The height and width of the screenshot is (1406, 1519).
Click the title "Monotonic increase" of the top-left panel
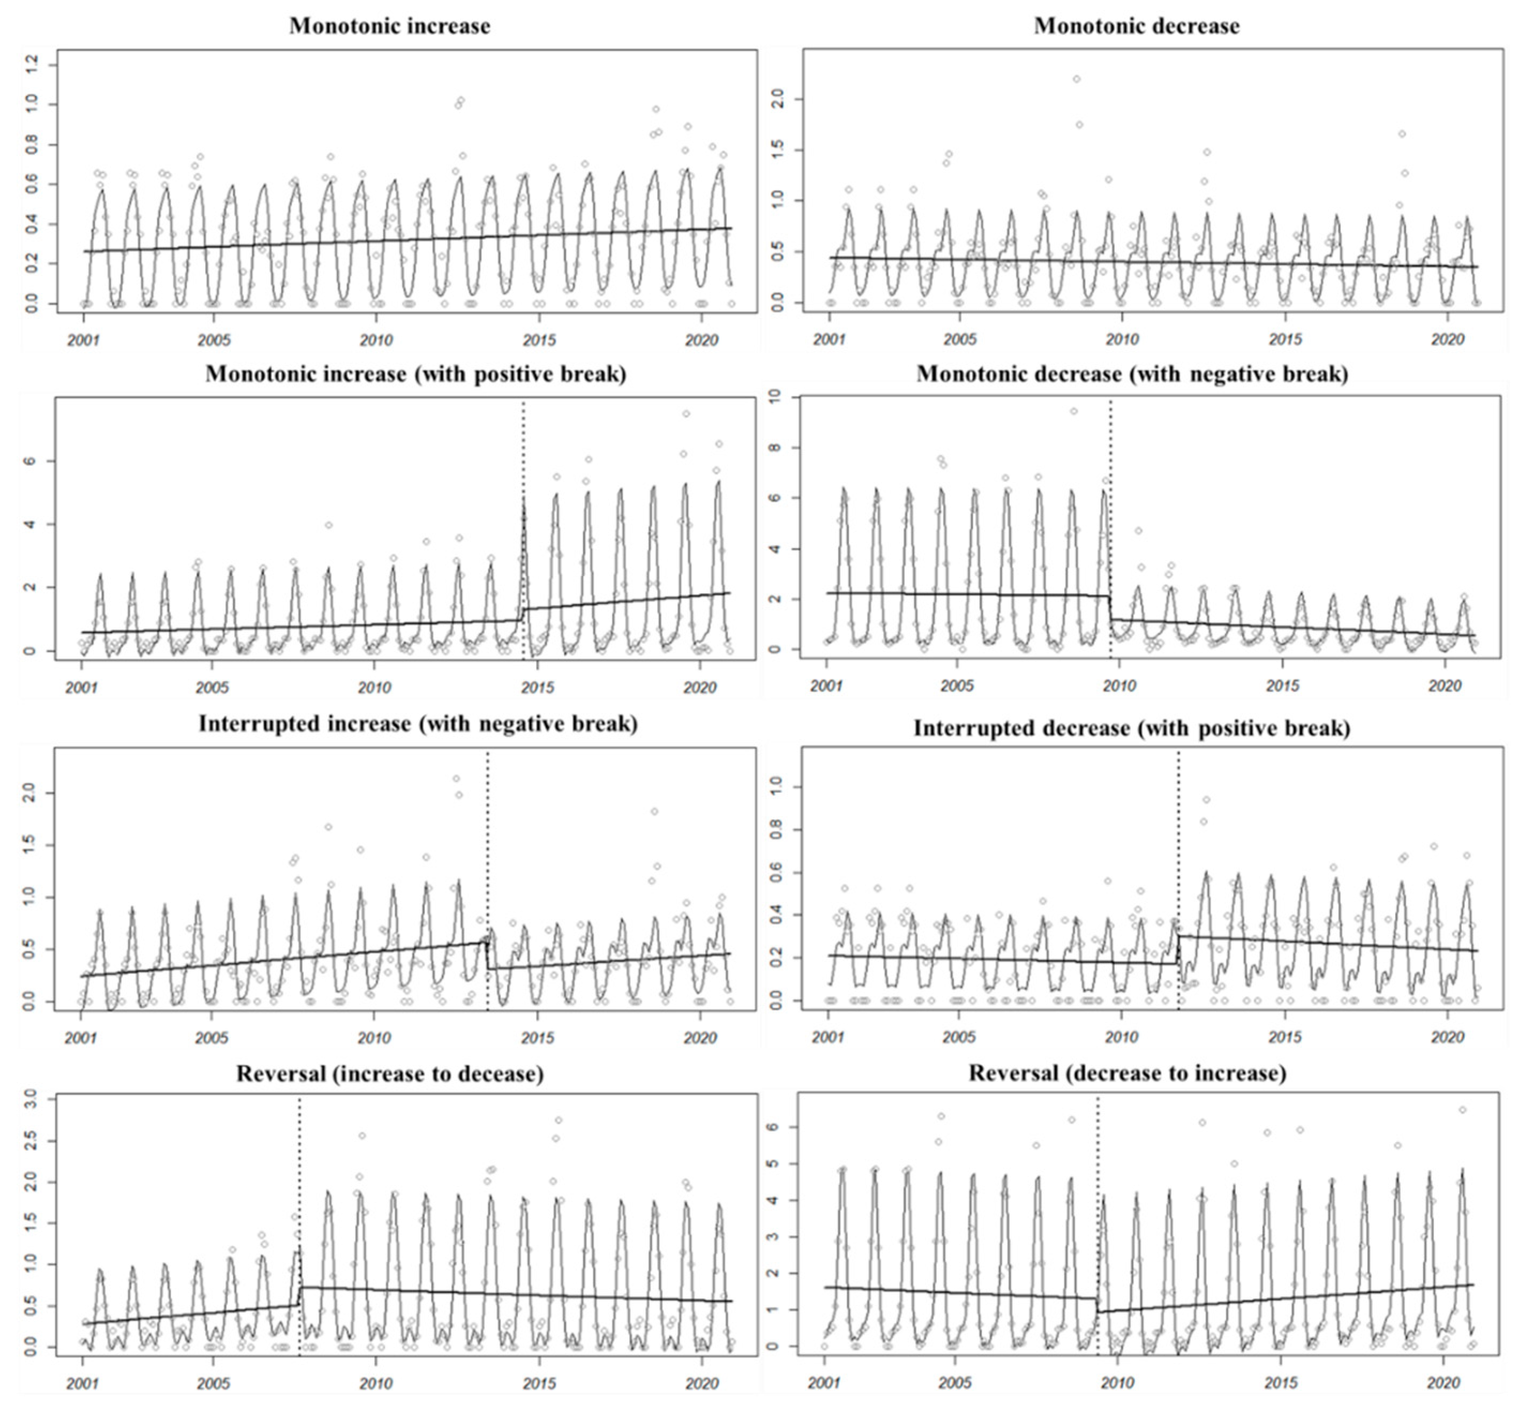(389, 26)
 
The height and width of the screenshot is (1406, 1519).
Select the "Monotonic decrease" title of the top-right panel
(1136, 26)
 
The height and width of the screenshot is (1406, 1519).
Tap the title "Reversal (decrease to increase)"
(1127, 1074)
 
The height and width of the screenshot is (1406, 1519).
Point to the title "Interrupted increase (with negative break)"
(418, 723)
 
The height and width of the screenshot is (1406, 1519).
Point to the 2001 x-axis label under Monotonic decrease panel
(829, 339)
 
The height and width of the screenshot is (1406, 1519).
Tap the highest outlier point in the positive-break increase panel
(685, 414)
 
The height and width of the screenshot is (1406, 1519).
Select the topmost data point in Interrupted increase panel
(456, 778)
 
